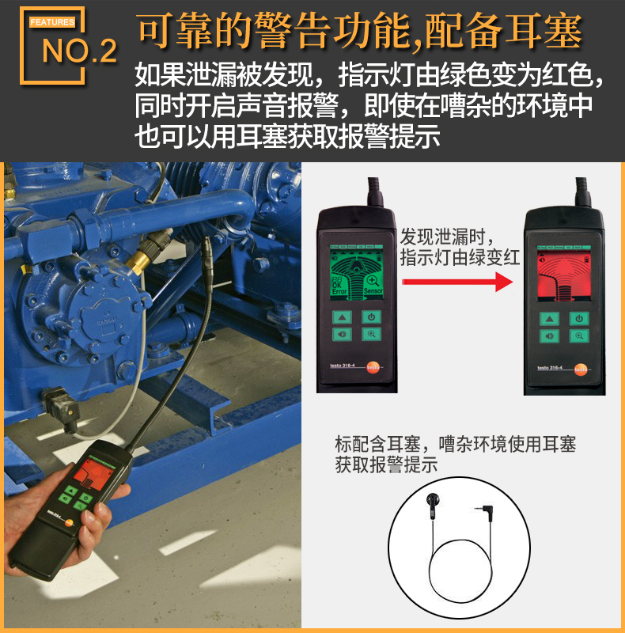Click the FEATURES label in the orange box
pyautogui.click(x=52, y=22)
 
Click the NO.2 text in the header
pyautogui.click(x=79, y=51)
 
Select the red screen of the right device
pyautogui.click(x=562, y=277)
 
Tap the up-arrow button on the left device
pyautogui.click(x=343, y=317)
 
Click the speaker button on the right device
pyautogui.click(x=550, y=335)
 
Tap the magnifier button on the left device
pyautogui.click(x=370, y=334)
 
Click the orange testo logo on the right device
pyautogui.click(x=581, y=369)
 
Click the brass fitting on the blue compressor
pyautogui.click(x=142, y=260)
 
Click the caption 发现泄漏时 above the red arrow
pyautogui.click(x=447, y=236)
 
